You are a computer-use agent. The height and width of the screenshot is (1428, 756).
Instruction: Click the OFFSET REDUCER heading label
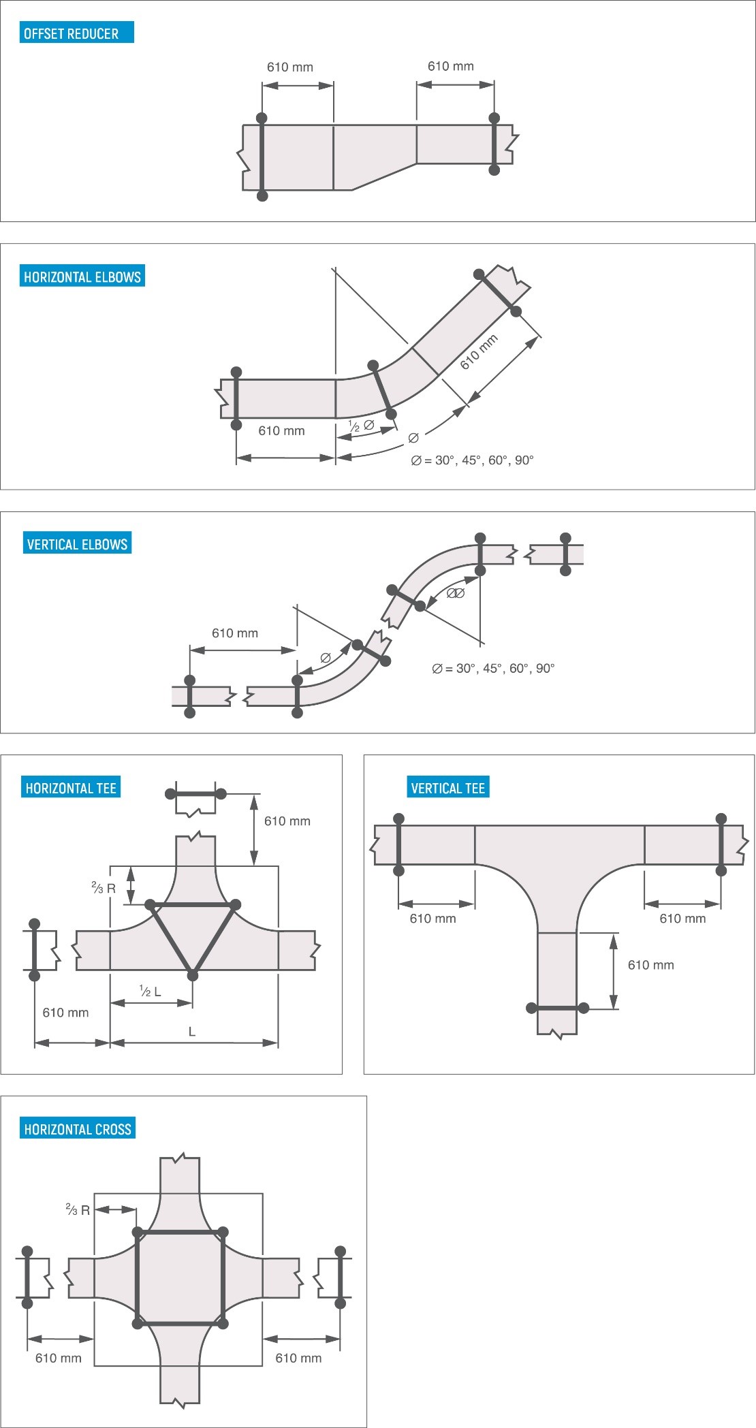coord(76,33)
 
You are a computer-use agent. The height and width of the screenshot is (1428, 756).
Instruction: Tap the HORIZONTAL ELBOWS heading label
coord(82,276)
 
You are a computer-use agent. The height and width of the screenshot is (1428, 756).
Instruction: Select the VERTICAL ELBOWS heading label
coord(77,544)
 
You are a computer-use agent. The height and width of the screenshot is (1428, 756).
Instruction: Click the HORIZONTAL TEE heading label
coord(71,788)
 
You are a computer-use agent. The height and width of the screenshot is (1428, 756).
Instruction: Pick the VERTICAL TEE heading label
coord(447,788)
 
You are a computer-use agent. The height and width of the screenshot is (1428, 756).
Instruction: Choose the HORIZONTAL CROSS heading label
coord(77,1129)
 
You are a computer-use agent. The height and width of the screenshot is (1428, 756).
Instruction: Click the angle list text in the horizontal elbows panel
coord(472,460)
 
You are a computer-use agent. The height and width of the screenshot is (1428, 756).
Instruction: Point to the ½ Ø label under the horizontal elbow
coord(361,426)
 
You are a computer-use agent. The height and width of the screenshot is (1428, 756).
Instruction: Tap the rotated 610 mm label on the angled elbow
coord(479,352)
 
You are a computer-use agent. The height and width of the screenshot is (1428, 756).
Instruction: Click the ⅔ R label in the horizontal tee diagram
coord(104,888)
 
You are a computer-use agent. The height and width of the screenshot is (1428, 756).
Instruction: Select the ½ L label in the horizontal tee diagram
coord(150,991)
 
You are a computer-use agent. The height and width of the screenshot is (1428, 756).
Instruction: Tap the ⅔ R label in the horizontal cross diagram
coord(78,1210)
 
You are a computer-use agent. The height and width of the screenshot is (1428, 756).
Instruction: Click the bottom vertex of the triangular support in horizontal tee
coord(193,976)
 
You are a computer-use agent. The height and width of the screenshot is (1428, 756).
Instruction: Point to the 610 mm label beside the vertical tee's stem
coord(650,965)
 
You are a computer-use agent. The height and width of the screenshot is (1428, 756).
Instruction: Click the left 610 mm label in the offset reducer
coord(289,67)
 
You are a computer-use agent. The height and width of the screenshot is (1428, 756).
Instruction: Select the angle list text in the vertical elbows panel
coord(493,669)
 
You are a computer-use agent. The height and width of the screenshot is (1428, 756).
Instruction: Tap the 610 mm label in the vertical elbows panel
coord(235,633)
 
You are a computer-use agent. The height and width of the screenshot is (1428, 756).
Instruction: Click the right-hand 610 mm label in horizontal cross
coord(298,1358)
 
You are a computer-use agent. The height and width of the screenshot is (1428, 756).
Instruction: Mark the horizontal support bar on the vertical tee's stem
coord(557,1008)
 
